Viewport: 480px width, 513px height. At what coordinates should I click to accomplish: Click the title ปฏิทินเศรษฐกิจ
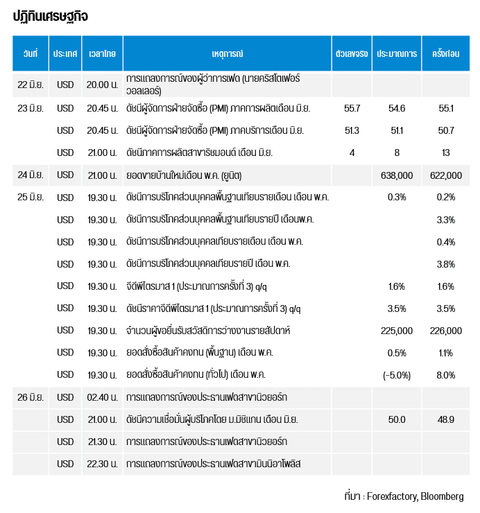(51, 17)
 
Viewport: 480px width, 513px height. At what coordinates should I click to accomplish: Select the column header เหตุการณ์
(228, 53)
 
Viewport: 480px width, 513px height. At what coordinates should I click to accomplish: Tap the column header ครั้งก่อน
(445, 53)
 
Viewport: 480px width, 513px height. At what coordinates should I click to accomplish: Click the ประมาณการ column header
(397, 53)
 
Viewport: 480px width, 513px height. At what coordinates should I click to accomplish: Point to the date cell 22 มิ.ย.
(31, 85)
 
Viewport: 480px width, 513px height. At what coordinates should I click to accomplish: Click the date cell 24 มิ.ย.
(31, 175)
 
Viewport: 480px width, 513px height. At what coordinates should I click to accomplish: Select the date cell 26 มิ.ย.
(31, 397)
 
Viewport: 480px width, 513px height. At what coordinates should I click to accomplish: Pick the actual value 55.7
(352, 108)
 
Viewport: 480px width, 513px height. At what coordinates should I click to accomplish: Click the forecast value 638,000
(397, 175)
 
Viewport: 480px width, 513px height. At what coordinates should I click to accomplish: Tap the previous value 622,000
(446, 175)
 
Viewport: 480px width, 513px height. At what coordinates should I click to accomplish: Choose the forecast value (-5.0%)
(397, 375)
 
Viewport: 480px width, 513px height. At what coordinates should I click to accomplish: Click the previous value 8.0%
(445, 375)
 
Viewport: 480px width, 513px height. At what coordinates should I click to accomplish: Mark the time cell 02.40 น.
(102, 397)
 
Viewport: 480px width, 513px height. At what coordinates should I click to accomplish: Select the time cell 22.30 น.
(102, 464)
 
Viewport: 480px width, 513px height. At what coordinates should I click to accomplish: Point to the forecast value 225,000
(397, 331)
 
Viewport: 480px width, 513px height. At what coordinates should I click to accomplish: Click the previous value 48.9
(445, 419)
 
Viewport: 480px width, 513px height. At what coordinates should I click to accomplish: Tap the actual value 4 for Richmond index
(352, 153)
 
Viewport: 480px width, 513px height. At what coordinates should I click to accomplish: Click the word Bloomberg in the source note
(442, 496)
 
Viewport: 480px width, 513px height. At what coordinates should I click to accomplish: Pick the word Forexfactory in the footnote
(392, 496)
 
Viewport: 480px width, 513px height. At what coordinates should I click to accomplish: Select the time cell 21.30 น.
(102, 442)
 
